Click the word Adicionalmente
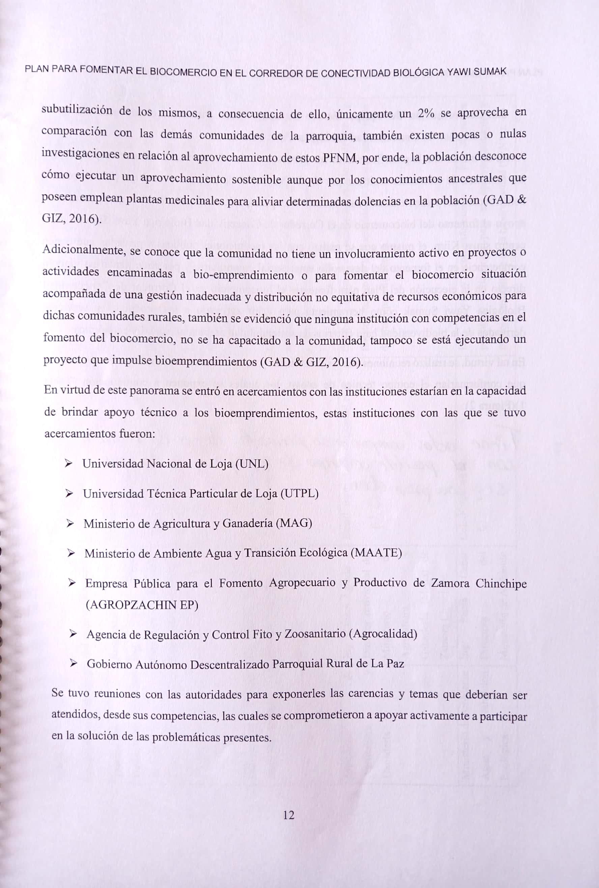click(84, 251)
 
